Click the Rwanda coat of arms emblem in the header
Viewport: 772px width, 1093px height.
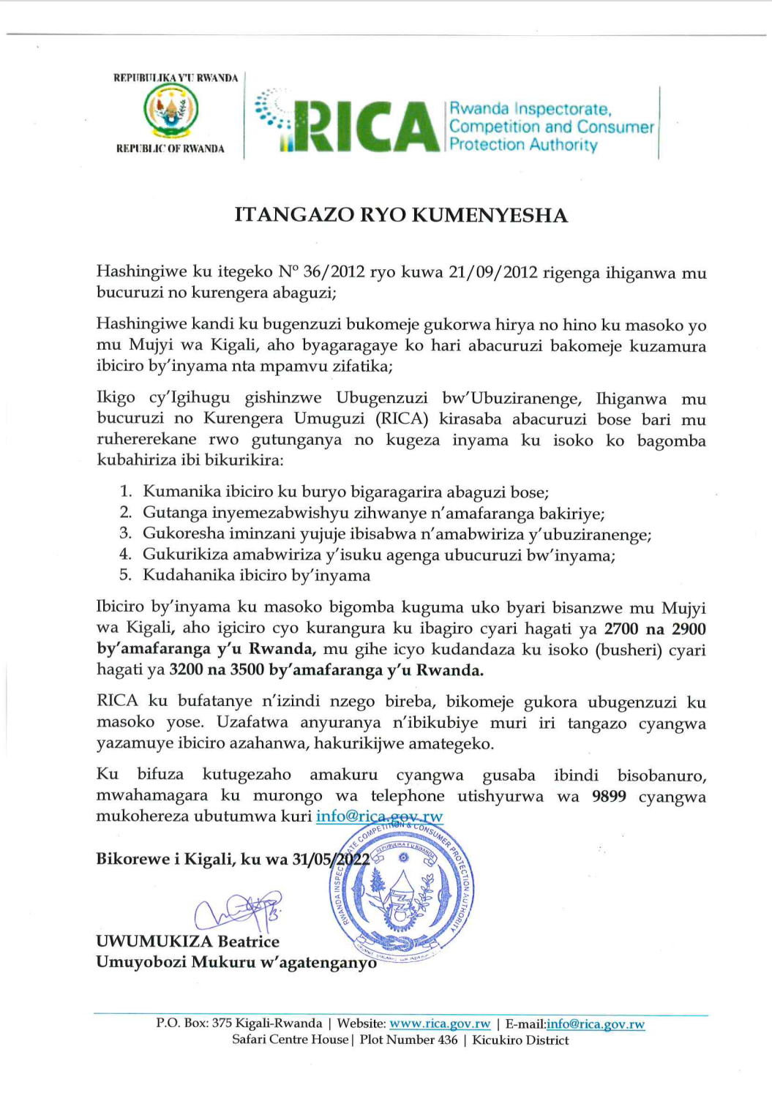pos(170,111)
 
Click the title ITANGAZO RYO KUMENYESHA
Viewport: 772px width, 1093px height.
pos(401,215)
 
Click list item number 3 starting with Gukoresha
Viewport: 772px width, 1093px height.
pos(397,534)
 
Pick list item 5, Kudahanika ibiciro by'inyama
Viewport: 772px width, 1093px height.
pos(256,576)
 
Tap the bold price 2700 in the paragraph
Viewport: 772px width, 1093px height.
pos(621,629)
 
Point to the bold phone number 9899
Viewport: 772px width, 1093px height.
pos(609,797)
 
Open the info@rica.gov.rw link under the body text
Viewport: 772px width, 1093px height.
pos(379,816)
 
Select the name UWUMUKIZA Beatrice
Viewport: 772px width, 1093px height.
pos(187,942)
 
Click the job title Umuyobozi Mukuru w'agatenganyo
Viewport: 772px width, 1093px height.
pos(236,963)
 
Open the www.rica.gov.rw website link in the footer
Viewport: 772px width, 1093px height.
pos(439,1024)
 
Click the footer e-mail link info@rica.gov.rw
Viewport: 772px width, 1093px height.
pos(595,1024)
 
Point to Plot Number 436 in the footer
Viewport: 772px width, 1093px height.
pos(408,1040)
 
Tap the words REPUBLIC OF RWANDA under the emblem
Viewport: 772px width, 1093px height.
pos(170,149)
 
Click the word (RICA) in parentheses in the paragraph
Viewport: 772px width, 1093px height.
pos(402,419)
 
